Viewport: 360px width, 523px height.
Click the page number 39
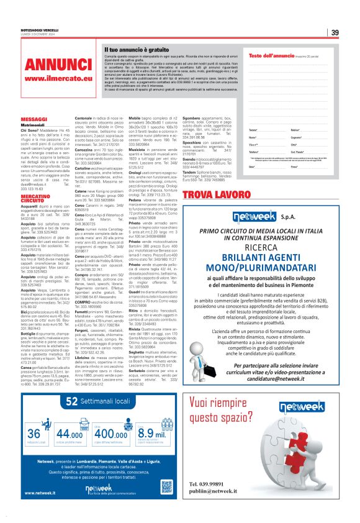click(x=335, y=33)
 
